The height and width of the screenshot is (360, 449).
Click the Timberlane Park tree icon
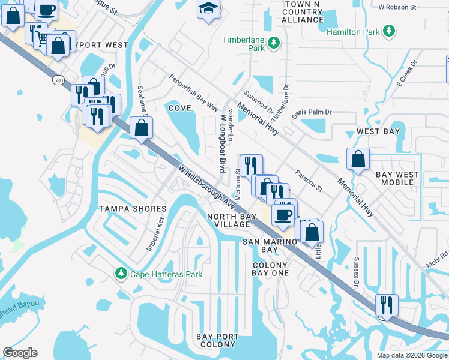tap(274, 43)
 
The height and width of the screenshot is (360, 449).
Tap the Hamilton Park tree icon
tap(389, 31)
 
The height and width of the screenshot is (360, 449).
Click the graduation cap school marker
tap(208, 8)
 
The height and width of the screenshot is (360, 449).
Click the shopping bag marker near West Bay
tap(358, 160)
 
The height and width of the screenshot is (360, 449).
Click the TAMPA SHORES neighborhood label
tap(132, 209)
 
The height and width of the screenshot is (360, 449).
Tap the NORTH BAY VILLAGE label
tap(228, 220)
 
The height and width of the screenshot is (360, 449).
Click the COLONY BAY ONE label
tap(270, 269)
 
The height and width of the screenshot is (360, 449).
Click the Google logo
tap(20, 353)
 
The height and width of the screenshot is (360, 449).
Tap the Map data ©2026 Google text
tap(411, 355)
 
